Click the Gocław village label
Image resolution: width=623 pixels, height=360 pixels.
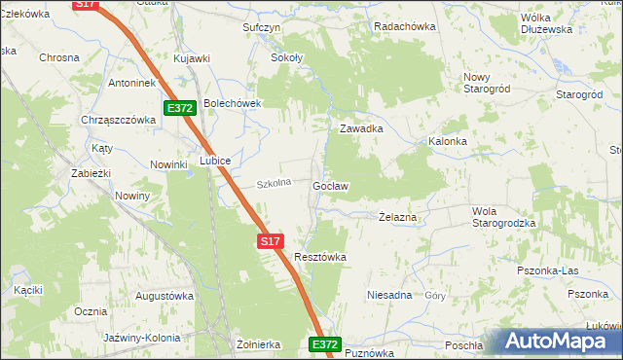point(331,185)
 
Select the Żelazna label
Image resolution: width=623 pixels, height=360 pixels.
point(397,218)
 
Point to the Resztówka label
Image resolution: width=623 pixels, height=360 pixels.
point(320,257)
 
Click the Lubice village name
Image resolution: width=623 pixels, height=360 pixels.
point(215,161)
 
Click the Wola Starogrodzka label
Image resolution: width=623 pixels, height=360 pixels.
point(504,217)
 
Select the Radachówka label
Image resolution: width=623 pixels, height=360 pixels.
point(404,27)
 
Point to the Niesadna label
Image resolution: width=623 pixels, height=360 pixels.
point(389,294)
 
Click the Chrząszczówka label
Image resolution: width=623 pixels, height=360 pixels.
point(120,120)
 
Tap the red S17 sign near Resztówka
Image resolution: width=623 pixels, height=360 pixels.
point(271,240)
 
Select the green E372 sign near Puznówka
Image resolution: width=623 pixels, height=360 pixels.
point(325,344)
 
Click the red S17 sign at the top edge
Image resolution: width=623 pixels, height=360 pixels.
point(87,5)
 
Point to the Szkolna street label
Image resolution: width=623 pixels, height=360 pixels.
point(274,183)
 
